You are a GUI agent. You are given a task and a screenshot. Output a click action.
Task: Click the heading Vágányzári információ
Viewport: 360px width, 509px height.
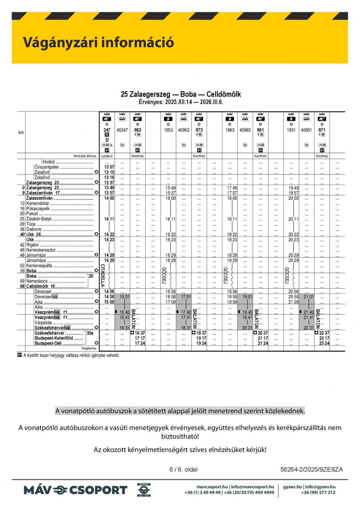pos(98,42)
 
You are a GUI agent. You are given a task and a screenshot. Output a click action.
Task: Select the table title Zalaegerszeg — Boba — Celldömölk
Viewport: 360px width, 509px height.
pos(181,94)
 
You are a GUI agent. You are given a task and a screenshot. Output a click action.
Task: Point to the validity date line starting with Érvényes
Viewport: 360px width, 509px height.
pos(181,102)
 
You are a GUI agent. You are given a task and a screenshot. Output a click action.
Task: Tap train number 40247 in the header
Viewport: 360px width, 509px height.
pos(122,130)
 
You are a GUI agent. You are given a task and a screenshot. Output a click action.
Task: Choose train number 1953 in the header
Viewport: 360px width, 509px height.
pos(169,130)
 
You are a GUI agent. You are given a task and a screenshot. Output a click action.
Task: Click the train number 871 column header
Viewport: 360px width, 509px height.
pos(322,130)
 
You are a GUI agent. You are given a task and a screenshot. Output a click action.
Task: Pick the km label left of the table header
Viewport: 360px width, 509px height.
pos(21,133)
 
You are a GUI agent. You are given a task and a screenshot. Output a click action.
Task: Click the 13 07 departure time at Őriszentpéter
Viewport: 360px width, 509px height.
pos(109,167)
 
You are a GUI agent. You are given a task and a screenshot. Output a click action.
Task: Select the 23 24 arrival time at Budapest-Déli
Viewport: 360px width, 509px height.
pos(324,343)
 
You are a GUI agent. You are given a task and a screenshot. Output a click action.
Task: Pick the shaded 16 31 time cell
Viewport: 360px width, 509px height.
pos(124,328)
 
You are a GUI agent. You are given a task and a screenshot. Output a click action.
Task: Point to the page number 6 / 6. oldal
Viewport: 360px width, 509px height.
pos(183,469)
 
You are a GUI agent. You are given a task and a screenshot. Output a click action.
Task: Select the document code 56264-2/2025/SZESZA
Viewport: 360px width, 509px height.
pos(312,469)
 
